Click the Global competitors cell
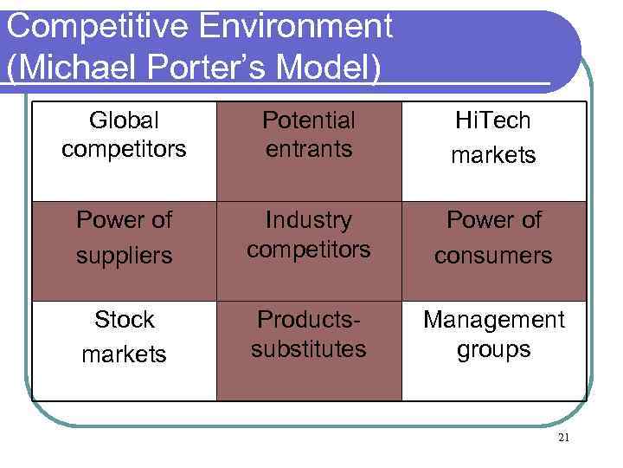124,152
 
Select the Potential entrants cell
309,152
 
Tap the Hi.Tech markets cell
493,152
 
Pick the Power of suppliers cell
124,251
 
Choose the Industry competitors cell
309,251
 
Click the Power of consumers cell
493,251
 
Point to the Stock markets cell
124,351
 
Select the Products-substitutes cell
309,351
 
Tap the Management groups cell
493,351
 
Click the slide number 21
564,439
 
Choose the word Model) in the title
334,68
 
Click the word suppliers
124,257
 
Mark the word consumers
493,257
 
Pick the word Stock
124,320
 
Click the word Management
493,320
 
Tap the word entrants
309,149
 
